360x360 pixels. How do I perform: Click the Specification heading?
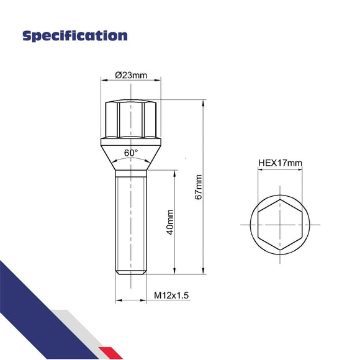pos(74,35)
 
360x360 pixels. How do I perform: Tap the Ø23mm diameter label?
pos(131,76)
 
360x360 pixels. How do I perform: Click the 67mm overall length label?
pos(199,186)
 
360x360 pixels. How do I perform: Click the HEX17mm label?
pos(280,164)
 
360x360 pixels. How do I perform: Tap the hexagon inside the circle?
pos(280,223)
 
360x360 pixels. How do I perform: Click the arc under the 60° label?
pos(131,160)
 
